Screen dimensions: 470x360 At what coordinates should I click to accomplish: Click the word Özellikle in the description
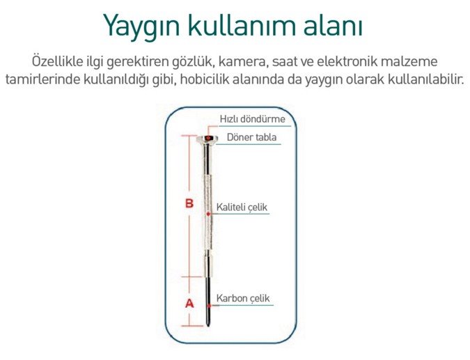57,61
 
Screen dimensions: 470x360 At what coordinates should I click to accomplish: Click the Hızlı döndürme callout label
252,119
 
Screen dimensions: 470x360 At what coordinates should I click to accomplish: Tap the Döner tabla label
251,137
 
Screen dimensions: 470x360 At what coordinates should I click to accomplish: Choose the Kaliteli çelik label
242,208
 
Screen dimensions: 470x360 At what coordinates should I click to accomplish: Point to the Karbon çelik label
243,299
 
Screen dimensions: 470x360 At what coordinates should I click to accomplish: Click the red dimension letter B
189,203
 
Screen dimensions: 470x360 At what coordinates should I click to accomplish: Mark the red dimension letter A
189,304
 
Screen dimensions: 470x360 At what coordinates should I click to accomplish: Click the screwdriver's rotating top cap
207,139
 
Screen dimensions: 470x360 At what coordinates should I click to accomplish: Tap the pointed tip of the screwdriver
208,325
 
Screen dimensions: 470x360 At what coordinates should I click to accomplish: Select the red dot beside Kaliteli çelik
208,214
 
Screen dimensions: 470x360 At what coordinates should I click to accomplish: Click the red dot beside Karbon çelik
209,306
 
